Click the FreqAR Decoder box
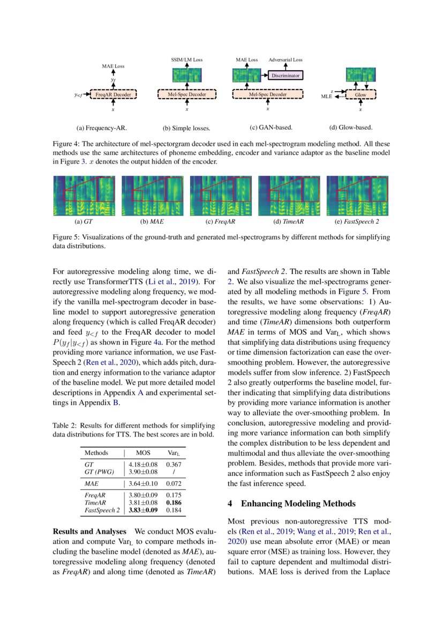pyautogui.click(x=113, y=94)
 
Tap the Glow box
pyautogui.click(x=360, y=95)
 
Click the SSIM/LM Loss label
pyautogui.click(x=187, y=60)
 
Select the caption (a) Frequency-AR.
pyautogui.click(x=102, y=128)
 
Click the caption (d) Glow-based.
pyautogui.click(x=350, y=128)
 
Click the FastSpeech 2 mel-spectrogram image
pyautogui.click(x=358, y=196)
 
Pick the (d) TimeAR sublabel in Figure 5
pyautogui.click(x=290, y=221)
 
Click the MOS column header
pyautogui.click(x=143, y=453)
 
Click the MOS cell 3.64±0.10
pyautogui.click(x=143, y=484)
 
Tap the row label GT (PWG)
pyautogui.click(x=97, y=471)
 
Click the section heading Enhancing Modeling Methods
pyautogui.click(x=298, y=504)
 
